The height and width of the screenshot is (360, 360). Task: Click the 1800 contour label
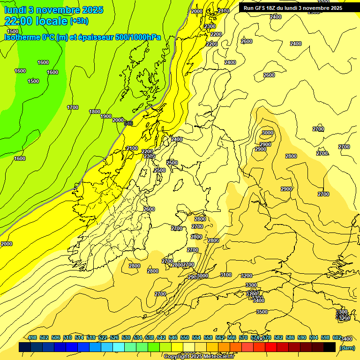pyautogui.click(x=95, y=112)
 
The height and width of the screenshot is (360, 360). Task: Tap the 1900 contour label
pyautogui.click(x=106, y=116)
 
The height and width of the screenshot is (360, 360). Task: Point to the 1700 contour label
pyautogui.click(x=73, y=107)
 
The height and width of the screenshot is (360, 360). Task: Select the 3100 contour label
pyautogui.click(x=226, y=275)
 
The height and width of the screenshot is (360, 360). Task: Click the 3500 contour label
pyautogui.click(x=262, y=312)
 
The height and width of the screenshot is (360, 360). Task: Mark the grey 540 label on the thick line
pyautogui.click(x=129, y=123)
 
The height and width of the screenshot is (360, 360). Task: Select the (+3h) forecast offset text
pyautogui.click(x=79, y=21)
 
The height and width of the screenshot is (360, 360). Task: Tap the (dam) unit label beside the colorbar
pyautogui.click(x=346, y=347)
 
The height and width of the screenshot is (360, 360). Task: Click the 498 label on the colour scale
pyautogui.click(x=32, y=337)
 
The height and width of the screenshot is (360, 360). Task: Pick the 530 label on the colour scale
pyautogui.click(x=126, y=337)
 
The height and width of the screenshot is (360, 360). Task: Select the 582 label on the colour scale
pyautogui.click(x=278, y=337)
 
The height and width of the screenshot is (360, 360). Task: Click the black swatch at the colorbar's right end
pyautogui.click(x=330, y=347)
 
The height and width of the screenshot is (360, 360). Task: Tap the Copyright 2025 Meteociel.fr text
pyautogui.click(x=199, y=356)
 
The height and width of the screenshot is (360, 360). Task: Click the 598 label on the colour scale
pyautogui.click(x=325, y=337)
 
